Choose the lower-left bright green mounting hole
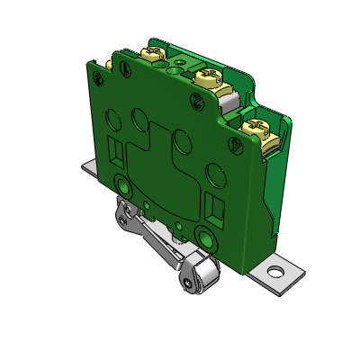pyautogui.click(x=123, y=186)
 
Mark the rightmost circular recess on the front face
pyautogui.click(x=214, y=171)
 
